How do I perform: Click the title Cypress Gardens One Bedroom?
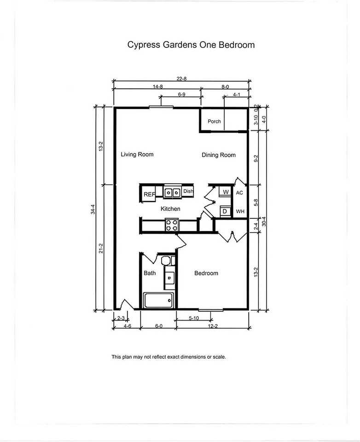coord(191,45)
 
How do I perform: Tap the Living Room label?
coord(137,155)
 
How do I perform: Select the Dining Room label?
coord(219,155)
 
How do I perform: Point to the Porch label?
coord(214,121)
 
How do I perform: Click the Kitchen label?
coord(170,209)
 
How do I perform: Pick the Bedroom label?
coord(206,273)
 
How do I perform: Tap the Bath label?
coord(150,273)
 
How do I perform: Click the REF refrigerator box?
coord(148,194)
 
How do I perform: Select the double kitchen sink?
coord(172,192)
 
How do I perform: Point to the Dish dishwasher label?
coord(188,191)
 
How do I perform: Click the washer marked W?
coord(226,192)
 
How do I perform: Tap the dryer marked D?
coord(225,211)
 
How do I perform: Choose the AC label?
coord(239,193)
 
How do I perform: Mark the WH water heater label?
coord(240,211)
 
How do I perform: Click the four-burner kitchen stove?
coord(172,225)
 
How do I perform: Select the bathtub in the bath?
coord(159,301)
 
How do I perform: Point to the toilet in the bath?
coord(166,260)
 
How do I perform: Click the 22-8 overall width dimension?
coord(181,79)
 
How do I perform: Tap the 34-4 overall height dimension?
coord(93,209)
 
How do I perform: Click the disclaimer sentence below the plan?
coord(168,357)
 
